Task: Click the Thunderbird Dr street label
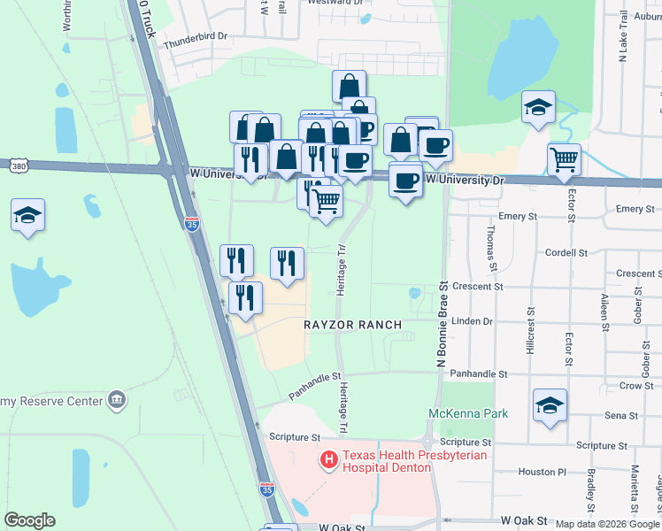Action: tap(196, 37)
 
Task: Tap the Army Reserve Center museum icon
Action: tap(116, 401)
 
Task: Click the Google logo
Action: tap(29, 520)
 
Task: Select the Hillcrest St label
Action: tap(531, 330)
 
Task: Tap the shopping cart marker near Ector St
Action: tap(564, 160)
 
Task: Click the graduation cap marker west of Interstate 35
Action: tap(28, 215)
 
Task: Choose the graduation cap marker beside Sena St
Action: tap(550, 406)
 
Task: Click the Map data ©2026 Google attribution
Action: tap(607, 524)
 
